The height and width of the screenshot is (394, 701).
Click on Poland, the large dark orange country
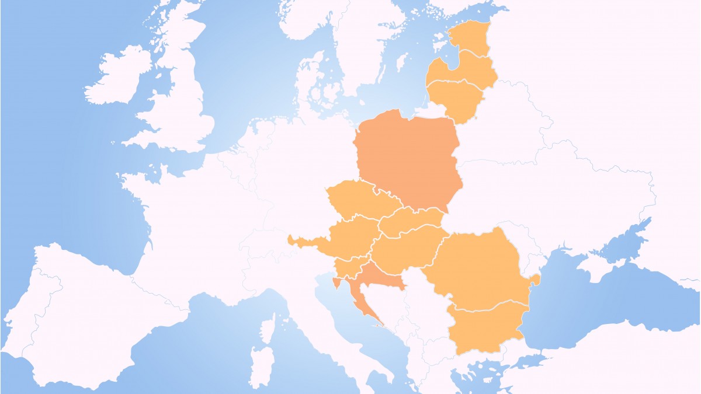(409, 161)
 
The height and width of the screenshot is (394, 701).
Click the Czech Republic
(356, 201)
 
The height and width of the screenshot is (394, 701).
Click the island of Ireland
(117, 79)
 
